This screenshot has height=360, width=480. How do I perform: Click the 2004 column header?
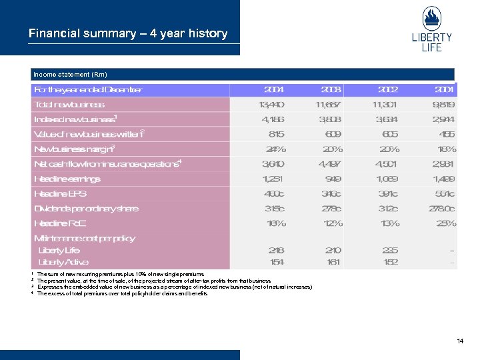point(274,89)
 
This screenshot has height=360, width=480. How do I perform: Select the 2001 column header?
point(443,89)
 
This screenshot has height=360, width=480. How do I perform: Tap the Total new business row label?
point(69,105)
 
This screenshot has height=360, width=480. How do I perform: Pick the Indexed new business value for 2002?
point(386,119)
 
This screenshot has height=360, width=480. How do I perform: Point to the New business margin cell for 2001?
point(447,149)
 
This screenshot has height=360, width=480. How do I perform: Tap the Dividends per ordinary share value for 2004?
point(274,209)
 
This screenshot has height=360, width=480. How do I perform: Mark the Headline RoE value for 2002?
point(389,223)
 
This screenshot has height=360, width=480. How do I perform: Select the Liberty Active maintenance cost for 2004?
point(276,262)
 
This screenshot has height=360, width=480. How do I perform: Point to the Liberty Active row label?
point(63,262)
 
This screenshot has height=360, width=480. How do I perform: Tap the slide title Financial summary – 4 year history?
point(128,33)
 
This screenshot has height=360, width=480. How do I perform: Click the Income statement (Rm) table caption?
point(70,74)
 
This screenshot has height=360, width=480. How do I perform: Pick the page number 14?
point(460,341)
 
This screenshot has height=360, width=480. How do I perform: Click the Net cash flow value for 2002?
point(386,163)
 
